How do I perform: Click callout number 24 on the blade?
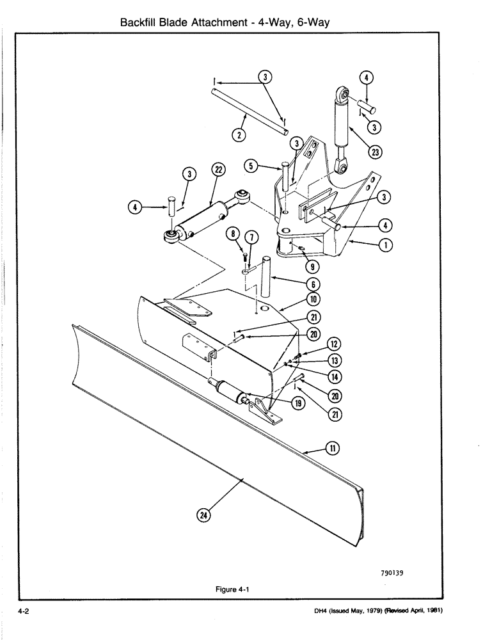coord(204,515)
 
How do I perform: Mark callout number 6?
coord(315,284)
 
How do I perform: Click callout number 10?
coord(315,299)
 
